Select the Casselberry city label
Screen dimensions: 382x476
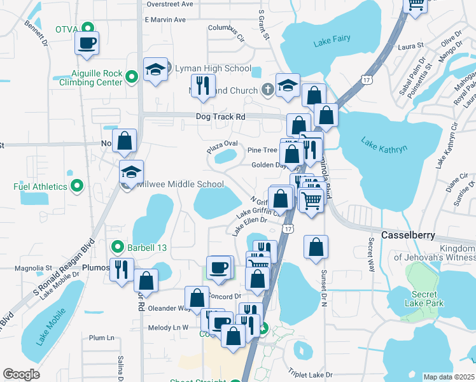point(408,235)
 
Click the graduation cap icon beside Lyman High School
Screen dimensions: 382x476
point(155,70)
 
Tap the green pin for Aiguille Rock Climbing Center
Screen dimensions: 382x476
point(132,77)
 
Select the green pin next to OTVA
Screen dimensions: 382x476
point(90,28)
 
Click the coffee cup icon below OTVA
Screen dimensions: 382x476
point(87,43)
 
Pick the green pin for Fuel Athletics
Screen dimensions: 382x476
point(77,187)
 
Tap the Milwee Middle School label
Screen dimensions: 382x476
point(181,185)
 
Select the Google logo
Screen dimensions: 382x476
point(21,374)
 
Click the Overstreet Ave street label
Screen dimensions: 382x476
point(169,4)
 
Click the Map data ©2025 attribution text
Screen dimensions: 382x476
point(449,377)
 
